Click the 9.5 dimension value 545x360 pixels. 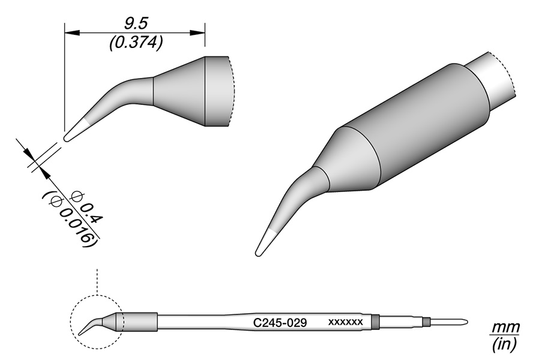(x=136, y=23)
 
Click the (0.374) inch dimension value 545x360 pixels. (x=135, y=42)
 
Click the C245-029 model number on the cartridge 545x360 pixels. (x=279, y=323)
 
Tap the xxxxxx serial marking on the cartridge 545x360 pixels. (x=345, y=323)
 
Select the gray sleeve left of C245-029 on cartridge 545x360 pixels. (x=139, y=322)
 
